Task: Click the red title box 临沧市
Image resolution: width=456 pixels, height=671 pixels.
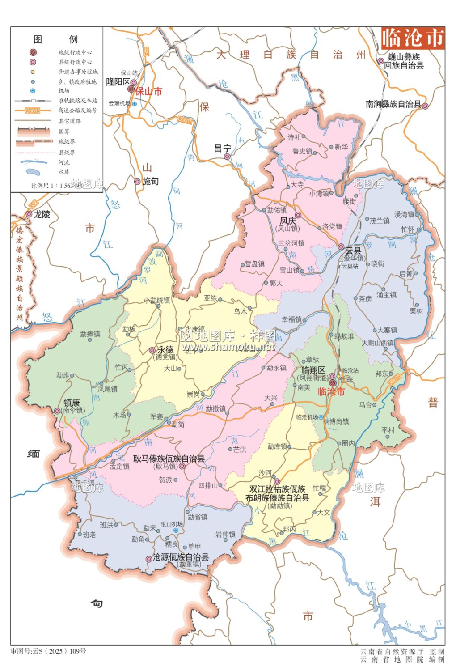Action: pyautogui.click(x=412, y=38)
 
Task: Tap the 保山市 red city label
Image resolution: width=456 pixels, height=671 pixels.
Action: pyautogui.click(x=148, y=92)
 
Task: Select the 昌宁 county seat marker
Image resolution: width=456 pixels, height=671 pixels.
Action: pyautogui.click(x=227, y=157)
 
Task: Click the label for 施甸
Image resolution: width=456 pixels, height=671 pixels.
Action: pyautogui.click(x=151, y=181)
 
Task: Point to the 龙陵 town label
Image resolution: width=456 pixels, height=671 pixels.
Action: pyautogui.click(x=42, y=214)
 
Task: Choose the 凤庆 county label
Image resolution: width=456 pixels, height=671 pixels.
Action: pyautogui.click(x=288, y=221)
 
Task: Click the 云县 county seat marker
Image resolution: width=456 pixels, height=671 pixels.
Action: pyautogui.click(x=341, y=247)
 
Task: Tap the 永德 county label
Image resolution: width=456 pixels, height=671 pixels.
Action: pyautogui.click(x=165, y=350)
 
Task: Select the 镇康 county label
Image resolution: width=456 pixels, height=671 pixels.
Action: pyautogui.click(x=72, y=403)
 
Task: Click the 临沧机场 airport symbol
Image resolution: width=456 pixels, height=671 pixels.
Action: pyautogui.click(x=321, y=417)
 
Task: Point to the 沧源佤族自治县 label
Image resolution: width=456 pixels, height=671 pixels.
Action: pyautogui.click(x=181, y=557)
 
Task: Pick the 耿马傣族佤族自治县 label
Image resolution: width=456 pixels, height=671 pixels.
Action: pyautogui.click(x=169, y=459)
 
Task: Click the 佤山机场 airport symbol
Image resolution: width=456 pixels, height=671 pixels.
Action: pyautogui.click(x=176, y=530)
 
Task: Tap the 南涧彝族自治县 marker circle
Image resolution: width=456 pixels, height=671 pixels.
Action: pyautogui.click(x=425, y=106)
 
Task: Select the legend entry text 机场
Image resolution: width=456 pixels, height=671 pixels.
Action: pyautogui.click(x=64, y=91)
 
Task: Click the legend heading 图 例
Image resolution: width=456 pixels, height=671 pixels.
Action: pyautogui.click(x=56, y=39)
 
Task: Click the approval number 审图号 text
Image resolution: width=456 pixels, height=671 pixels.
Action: pyautogui.click(x=48, y=651)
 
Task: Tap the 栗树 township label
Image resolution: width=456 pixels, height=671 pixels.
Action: pyautogui.click(x=416, y=311)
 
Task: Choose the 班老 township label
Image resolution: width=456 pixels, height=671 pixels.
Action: pyautogui.click(x=89, y=535)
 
